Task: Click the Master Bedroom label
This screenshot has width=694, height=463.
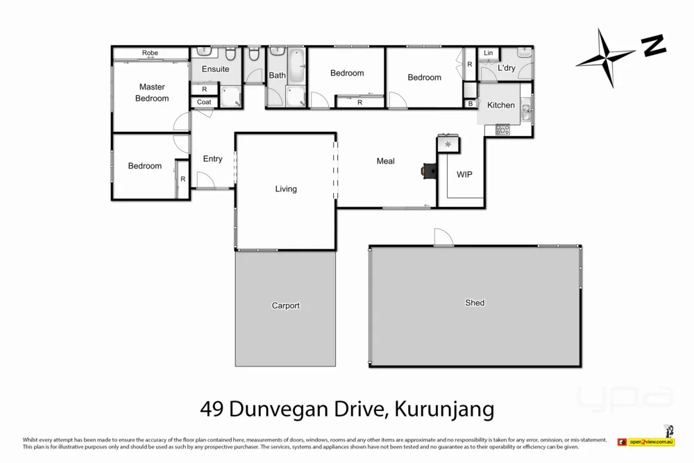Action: (152, 92)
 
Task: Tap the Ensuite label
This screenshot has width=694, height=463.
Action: (215, 69)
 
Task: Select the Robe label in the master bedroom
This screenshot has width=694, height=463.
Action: (150, 53)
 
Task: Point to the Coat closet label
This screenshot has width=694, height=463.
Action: (204, 102)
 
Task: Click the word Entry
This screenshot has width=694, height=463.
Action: (212, 159)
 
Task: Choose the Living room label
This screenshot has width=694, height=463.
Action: (286, 189)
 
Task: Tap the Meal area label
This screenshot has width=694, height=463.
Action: (385, 161)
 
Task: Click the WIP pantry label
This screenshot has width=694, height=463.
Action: (464, 175)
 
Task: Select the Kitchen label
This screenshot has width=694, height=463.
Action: (501, 106)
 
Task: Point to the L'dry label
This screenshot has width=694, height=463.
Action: (507, 68)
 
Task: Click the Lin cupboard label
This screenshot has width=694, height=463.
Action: (489, 53)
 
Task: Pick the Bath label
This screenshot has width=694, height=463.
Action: (277, 76)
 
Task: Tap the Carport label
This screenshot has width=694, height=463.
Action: (286, 305)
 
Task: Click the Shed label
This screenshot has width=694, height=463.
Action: (475, 303)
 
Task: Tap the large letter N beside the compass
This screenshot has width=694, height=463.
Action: (653, 46)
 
